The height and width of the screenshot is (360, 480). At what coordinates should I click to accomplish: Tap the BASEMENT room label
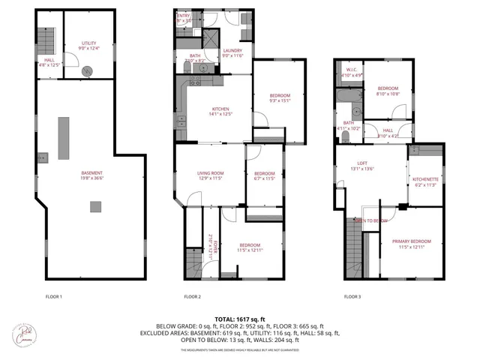point(92,175)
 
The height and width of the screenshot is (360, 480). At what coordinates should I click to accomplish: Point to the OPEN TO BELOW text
point(370,220)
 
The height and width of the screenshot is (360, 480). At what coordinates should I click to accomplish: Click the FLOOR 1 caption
point(53,297)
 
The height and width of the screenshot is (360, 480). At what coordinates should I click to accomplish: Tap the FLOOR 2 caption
point(193,297)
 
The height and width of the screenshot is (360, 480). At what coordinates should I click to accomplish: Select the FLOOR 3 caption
point(352,297)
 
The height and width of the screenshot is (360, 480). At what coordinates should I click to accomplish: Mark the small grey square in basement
point(94,206)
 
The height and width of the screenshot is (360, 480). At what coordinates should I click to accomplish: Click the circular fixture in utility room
point(88,70)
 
